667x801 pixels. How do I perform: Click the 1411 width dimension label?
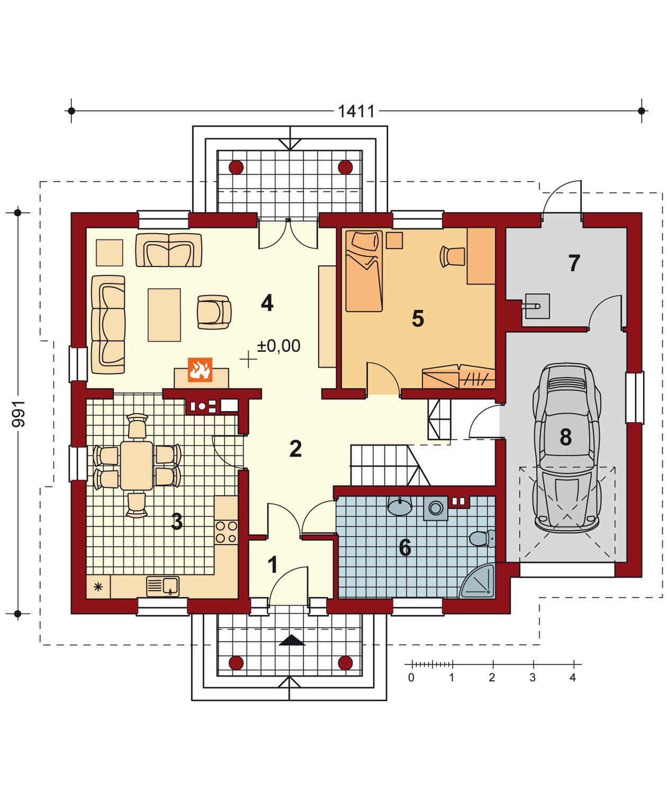tap(356, 111)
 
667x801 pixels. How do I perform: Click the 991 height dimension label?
tap(18, 414)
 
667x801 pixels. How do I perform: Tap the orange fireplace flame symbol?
tap(200, 370)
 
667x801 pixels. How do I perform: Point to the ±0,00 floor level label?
tap(278, 345)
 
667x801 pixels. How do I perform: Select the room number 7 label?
tap(573, 263)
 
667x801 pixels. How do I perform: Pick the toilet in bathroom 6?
tap(482, 539)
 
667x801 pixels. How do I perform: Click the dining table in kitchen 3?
tap(137, 465)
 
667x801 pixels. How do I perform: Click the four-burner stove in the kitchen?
tap(226, 532)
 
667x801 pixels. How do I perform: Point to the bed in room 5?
tap(364, 271)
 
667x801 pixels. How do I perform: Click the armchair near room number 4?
tap(214, 312)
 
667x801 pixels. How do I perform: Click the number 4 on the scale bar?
tap(572, 678)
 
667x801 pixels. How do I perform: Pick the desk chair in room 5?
tap(452, 256)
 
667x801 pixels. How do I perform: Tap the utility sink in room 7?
tap(537, 306)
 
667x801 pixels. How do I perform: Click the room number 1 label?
tap(273, 565)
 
